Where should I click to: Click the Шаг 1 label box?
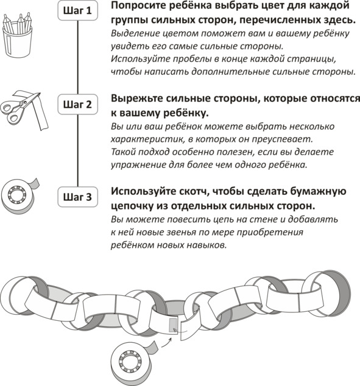[77, 10]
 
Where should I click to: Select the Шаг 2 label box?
[77, 104]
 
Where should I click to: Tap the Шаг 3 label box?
[77, 197]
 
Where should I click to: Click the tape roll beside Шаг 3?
[19, 196]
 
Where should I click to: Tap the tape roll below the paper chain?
[132, 364]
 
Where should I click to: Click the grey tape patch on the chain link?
[173, 325]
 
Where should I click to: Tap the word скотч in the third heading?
[194, 191]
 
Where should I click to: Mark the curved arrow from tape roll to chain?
[167, 343]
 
